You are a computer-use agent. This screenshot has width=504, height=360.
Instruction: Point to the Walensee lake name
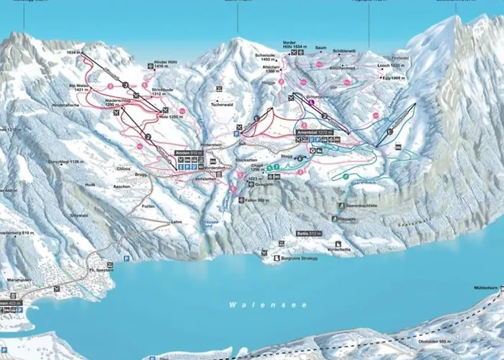coord(248,305)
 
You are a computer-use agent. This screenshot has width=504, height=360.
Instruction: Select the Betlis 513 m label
coord(308,234)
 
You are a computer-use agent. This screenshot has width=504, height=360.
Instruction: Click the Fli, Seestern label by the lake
coord(102,270)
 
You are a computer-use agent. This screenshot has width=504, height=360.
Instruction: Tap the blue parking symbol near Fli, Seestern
coord(125,258)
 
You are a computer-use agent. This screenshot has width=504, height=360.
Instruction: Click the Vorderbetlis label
coord(338,248)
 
